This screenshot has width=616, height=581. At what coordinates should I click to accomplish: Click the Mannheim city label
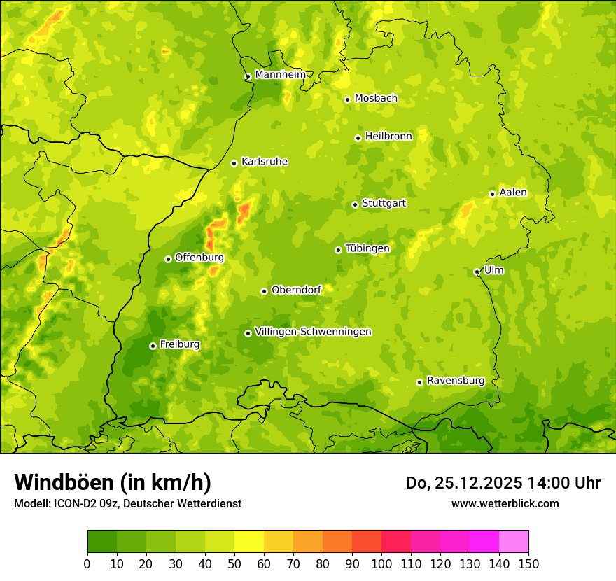pyautogui.click(x=280, y=74)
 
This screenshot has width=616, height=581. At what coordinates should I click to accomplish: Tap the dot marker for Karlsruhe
pyautogui.click(x=234, y=163)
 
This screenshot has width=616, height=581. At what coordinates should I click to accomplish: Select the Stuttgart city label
pyautogui.click(x=384, y=203)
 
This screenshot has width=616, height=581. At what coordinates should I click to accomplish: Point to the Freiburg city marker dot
pyautogui.click(x=153, y=346)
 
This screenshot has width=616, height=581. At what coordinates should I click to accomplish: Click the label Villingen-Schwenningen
pyautogui.click(x=313, y=332)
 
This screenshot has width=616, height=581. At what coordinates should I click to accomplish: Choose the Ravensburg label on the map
pyautogui.click(x=456, y=381)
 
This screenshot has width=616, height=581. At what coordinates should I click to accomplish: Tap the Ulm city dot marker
pyautogui.click(x=477, y=272)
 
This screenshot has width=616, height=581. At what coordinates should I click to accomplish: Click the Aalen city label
pyautogui.click(x=513, y=192)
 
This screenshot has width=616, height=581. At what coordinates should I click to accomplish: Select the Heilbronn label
pyautogui.click(x=388, y=136)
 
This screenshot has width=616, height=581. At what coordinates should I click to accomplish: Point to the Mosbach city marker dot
pyautogui.click(x=347, y=99)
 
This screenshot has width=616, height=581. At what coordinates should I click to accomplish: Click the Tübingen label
pyautogui.click(x=367, y=248)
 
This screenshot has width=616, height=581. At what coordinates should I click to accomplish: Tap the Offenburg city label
pyautogui.click(x=199, y=258)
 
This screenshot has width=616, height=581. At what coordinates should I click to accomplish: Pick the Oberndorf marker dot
pyautogui.click(x=264, y=291)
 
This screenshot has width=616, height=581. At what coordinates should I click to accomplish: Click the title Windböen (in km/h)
pyautogui.click(x=113, y=482)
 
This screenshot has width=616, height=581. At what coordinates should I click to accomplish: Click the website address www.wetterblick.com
pyautogui.click(x=505, y=503)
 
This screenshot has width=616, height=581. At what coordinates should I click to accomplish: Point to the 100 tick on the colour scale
pyautogui.click(x=381, y=563)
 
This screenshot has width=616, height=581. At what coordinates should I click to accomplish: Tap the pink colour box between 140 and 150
pyautogui.click(x=514, y=542)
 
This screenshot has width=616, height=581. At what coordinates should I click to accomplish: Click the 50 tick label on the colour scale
pyautogui.click(x=234, y=563)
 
